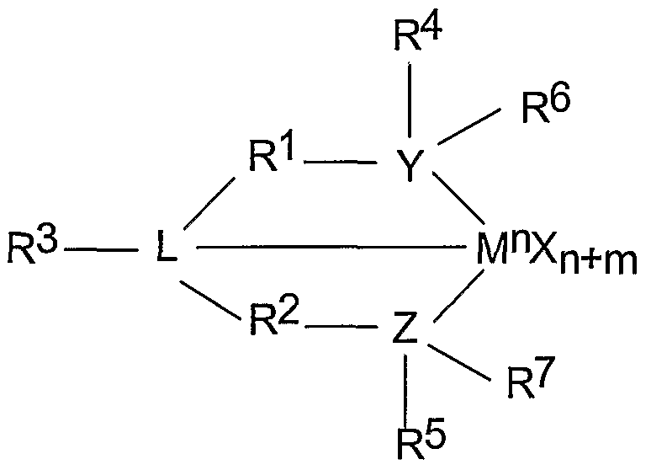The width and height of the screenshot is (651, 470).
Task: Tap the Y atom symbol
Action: (410, 169)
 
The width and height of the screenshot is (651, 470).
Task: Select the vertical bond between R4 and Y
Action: (410, 101)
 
